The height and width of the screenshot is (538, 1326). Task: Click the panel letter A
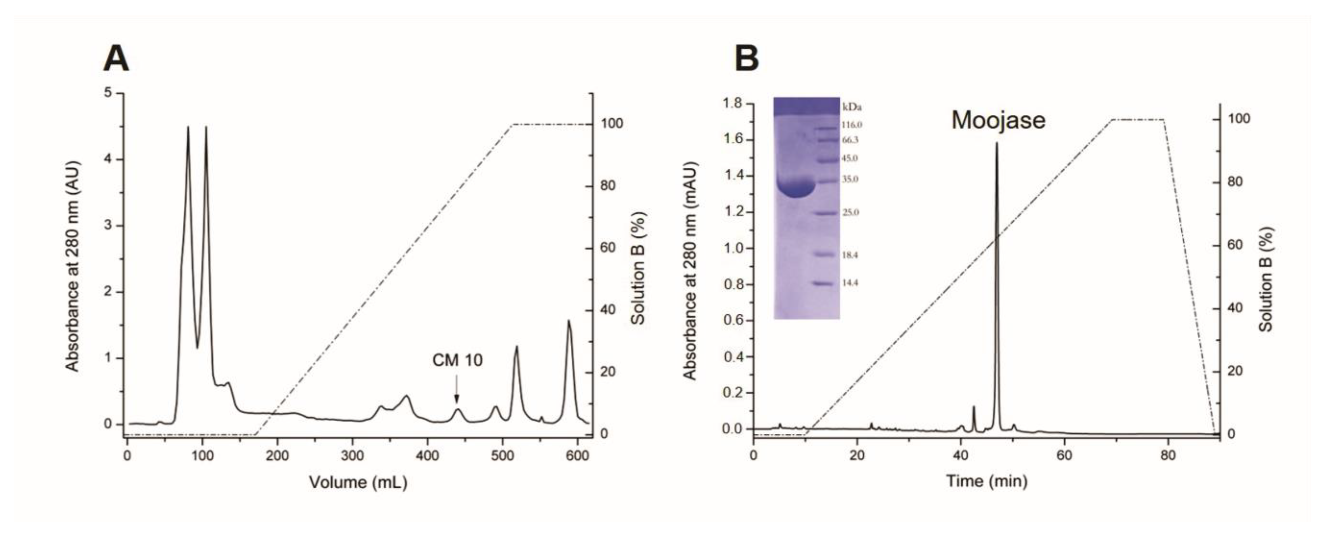116,59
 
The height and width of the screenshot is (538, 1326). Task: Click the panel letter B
746,59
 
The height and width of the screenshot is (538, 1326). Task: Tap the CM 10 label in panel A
457,361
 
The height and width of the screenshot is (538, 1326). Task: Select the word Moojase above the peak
998,120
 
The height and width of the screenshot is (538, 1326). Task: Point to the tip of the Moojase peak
996,143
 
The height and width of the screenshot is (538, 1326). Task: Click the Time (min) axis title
987,481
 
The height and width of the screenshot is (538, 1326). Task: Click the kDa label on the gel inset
852,108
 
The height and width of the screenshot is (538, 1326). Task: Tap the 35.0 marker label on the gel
850,180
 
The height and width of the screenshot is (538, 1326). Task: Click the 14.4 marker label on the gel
850,283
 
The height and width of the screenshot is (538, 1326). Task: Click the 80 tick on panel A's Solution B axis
608,186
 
